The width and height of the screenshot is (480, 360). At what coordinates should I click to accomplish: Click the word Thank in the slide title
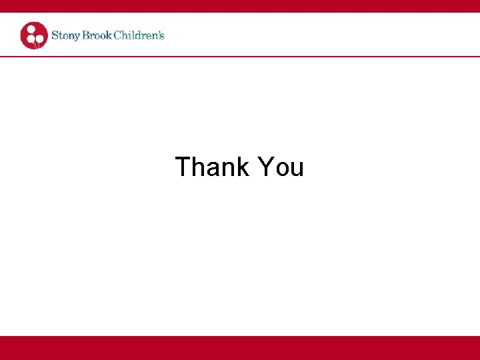click(211, 167)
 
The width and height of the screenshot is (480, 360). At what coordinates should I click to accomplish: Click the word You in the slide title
click(280, 167)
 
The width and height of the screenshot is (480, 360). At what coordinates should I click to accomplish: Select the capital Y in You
click(265, 167)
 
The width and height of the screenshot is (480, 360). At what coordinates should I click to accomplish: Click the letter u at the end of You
click(297, 169)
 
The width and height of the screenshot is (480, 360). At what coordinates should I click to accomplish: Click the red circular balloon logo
click(34, 35)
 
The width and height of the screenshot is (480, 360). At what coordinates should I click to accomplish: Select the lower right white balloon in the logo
click(40, 38)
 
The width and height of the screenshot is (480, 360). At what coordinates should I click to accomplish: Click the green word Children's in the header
click(139, 35)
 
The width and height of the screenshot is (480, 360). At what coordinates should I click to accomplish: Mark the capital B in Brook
click(85, 35)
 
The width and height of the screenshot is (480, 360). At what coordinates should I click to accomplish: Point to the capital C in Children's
click(118, 35)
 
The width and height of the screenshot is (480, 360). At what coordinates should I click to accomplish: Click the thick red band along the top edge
click(240, 6)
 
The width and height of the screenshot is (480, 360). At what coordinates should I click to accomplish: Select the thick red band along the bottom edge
click(240, 348)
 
